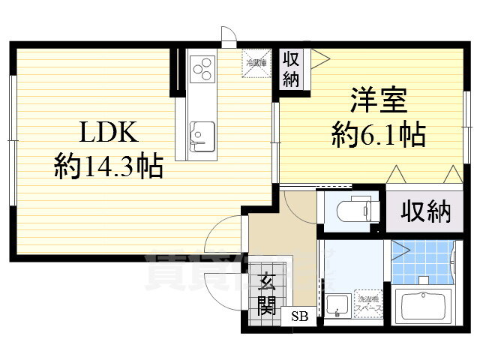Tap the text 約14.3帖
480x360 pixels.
pyautogui.click(x=108, y=166)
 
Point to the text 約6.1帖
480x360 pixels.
pyautogui.click(x=379, y=135)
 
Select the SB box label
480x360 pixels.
pyautogui.click(x=299, y=316)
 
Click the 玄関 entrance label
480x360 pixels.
pyautogui.click(x=267, y=295)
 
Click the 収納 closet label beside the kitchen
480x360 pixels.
pyautogui.click(x=291, y=69)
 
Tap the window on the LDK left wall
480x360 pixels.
pyautogui.click(x=12, y=109)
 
